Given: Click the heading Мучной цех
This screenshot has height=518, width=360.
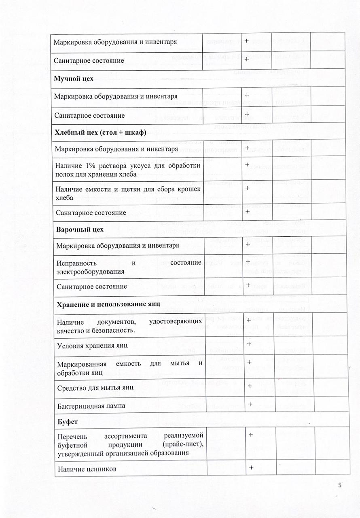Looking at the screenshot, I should coord(74,79).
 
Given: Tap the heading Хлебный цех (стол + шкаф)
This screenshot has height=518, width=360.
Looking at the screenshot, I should coord(100,132).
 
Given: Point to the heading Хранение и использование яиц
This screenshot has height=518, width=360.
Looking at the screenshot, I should coord(108,304).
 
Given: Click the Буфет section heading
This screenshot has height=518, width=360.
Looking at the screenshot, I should coord(68,421).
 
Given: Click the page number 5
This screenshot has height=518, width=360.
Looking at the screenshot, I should coord(339,485).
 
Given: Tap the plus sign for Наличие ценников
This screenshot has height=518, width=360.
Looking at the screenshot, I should coord(251,467).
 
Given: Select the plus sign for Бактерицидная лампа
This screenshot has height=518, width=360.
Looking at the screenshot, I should coord(250,403).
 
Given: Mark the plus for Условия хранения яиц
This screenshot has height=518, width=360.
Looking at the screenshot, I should coord(249,344).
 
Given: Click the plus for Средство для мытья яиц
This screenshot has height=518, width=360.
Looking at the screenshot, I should coord(250,386).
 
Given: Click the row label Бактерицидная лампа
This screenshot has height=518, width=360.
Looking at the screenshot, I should coord(91,405).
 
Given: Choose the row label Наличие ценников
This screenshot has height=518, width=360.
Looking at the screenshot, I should coord(87,469).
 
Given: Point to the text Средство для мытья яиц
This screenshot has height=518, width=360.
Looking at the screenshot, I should coord(95,387).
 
